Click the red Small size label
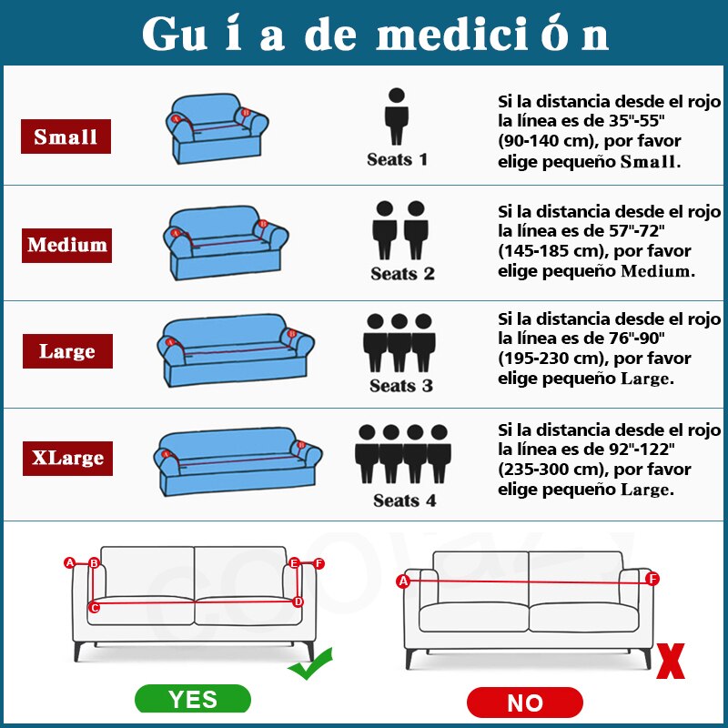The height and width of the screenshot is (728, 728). [x=66, y=136]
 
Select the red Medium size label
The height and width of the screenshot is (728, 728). [x=66, y=245]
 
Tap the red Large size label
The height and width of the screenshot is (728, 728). [x=67, y=351]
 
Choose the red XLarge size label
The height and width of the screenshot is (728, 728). [x=67, y=459]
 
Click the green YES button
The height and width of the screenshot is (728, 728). [x=193, y=699]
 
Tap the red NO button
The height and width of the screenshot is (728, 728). [x=525, y=703]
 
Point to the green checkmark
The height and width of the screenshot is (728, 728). [x=310, y=664]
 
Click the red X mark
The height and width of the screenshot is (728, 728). [x=671, y=661]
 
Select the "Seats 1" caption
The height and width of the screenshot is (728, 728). [x=397, y=159]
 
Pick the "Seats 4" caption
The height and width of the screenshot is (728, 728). [x=404, y=500]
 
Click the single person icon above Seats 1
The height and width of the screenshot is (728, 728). [x=397, y=116]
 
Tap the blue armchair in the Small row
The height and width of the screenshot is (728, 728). [x=217, y=128]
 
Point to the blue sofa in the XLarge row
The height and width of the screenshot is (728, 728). [x=238, y=461]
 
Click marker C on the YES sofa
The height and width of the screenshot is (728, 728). [x=95, y=607]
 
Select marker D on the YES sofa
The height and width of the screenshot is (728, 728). [x=298, y=602]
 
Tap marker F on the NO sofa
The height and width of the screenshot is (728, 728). [x=652, y=579]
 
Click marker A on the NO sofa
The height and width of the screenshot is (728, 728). [x=403, y=581]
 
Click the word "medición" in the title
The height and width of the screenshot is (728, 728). [x=492, y=34]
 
